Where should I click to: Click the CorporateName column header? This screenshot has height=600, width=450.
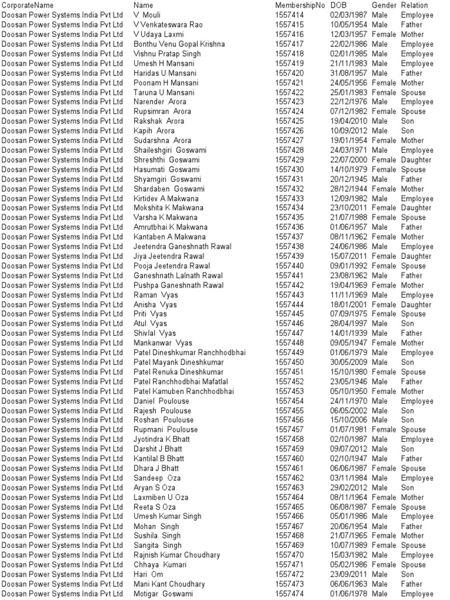(x=28, y=5)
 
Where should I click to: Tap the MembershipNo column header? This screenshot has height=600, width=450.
(x=299, y=5)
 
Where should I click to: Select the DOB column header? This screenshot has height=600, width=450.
(x=339, y=5)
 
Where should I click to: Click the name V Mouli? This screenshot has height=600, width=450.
(x=147, y=15)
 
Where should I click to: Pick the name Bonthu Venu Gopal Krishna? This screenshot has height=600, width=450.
(x=179, y=44)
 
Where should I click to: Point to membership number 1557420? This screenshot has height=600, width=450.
(x=289, y=73)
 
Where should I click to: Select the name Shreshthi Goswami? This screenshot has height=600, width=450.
(x=166, y=160)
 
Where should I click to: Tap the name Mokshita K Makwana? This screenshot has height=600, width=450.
(x=169, y=208)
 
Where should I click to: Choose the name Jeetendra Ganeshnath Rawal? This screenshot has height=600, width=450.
(x=179, y=247)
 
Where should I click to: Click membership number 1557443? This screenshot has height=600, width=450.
(x=289, y=295)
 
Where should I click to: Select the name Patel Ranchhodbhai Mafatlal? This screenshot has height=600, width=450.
(x=181, y=381)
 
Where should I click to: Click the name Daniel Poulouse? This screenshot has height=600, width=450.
(x=162, y=401)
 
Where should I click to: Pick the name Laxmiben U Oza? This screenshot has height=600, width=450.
(x=161, y=497)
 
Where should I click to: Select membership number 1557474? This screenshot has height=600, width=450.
(x=289, y=594)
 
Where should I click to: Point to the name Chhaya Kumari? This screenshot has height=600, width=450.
(x=160, y=565)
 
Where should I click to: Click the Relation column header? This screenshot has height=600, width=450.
(x=414, y=5)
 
